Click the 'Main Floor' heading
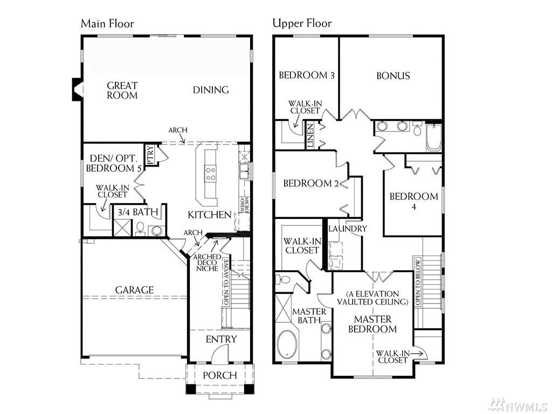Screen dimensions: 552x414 [x=107, y=24]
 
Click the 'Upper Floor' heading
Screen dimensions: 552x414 [x=302, y=24]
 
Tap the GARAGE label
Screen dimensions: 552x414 [x=134, y=290]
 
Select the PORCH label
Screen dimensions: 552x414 [x=220, y=375]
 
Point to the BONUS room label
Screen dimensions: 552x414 [x=393, y=75]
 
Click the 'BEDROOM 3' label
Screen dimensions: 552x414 [x=306, y=75]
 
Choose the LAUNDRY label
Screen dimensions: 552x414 [x=348, y=229]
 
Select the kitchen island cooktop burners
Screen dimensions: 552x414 [x=211, y=174]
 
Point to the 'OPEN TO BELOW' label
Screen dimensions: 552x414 [x=418, y=282]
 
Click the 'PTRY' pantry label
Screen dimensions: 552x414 [x=149, y=155]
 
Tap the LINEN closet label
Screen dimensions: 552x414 [x=310, y=135]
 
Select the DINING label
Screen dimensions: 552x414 [x=211, y=90]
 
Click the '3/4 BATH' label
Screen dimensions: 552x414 [x=137, y=212]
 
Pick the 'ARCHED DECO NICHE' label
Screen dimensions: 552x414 [x=208, y=263]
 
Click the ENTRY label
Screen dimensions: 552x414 [x=221, y=340]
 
